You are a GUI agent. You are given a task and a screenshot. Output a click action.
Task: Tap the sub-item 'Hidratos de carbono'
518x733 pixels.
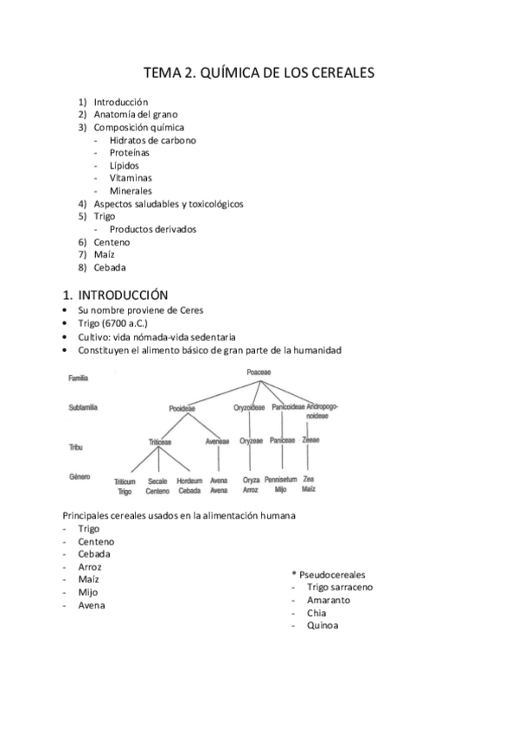152,140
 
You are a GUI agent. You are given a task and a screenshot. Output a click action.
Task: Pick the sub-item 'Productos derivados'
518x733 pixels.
152,229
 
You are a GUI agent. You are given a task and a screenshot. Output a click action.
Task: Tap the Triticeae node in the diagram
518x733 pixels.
158,441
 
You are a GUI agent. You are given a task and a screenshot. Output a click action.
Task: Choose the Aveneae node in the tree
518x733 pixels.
218,441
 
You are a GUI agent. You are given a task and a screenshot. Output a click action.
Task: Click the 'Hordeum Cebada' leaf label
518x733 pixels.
189,485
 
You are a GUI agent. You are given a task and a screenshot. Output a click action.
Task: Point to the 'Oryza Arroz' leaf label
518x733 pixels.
251,485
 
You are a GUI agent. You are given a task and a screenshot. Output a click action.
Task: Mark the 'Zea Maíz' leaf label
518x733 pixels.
309,485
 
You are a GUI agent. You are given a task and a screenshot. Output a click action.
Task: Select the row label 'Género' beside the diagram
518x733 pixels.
80,476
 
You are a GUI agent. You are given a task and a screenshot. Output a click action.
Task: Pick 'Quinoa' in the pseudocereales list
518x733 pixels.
323,626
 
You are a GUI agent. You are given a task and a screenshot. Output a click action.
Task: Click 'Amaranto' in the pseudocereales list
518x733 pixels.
329,600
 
